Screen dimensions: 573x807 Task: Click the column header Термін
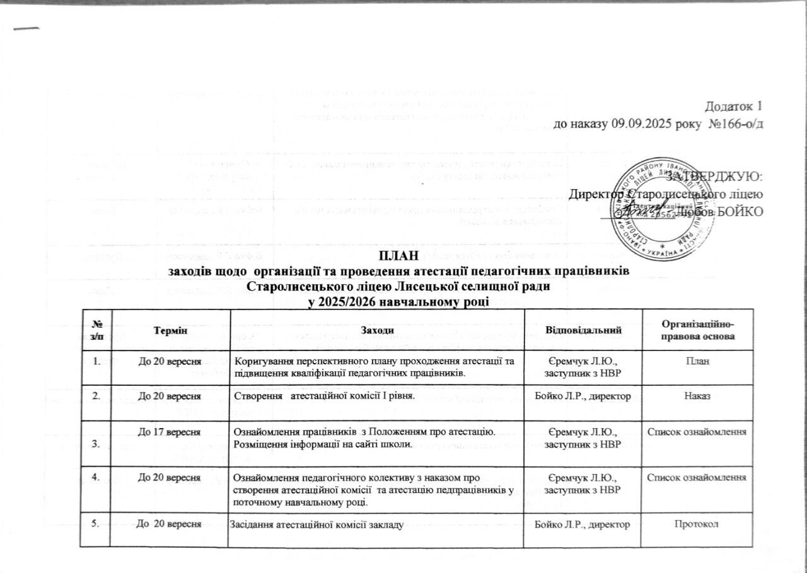[x=171, y=330]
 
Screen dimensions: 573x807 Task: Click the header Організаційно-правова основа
[x=698, y=330]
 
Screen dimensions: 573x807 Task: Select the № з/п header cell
[x=97, y=330]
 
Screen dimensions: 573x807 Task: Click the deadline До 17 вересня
[x=170, y=432]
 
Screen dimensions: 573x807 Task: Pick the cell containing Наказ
[x=698, y=396]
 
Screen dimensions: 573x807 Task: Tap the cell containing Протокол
[x=698, y=524]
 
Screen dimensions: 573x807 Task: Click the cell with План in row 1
[x=698, y=361]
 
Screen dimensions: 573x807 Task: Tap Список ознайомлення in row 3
[x=698, y=432]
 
